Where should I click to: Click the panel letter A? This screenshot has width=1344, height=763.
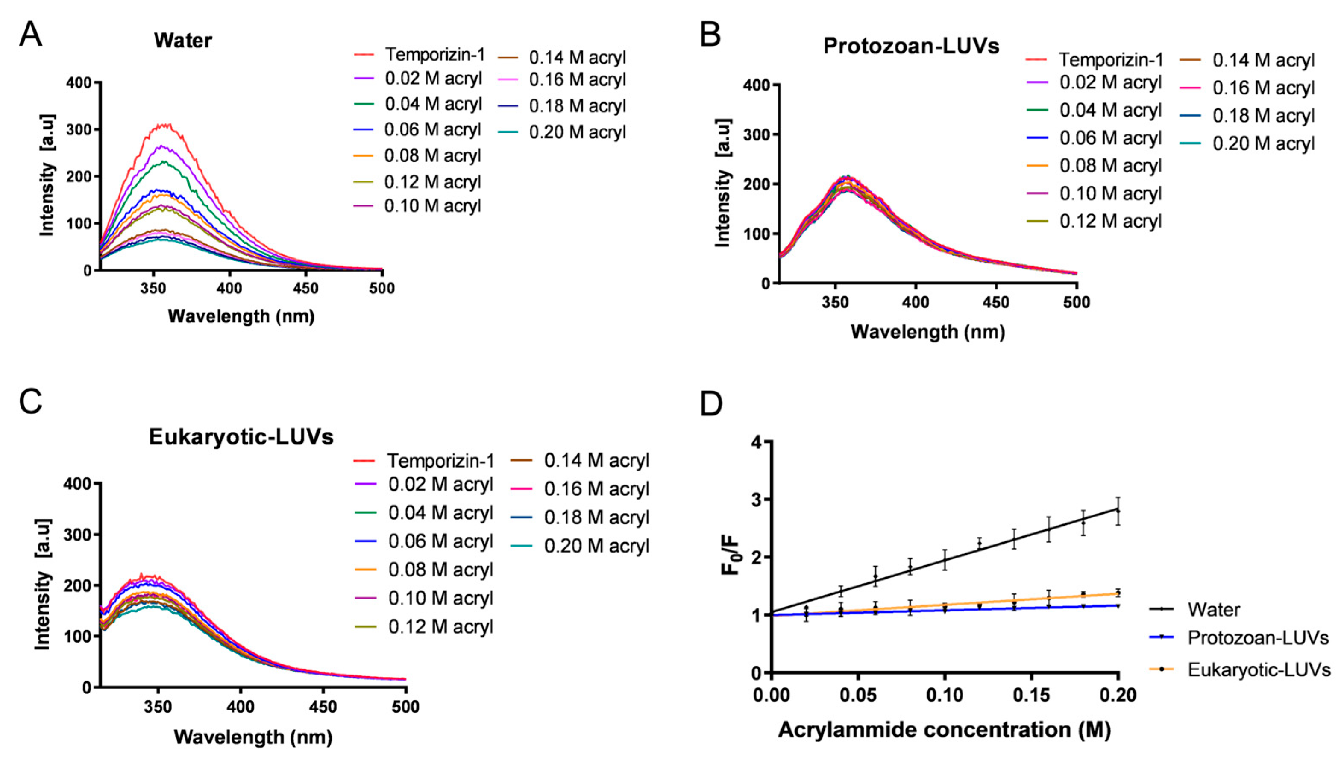(30, 35)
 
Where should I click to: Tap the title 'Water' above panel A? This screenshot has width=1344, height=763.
(182, 41)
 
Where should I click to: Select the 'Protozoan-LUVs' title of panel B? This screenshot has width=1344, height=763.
(911, 46)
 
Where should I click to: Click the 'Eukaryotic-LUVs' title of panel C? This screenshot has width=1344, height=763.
(241, 436)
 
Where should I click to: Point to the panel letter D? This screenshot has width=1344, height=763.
(711, 403)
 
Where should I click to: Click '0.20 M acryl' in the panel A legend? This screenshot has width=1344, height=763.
(577, 132)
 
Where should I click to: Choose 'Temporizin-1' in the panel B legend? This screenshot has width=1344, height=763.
(1110, 60)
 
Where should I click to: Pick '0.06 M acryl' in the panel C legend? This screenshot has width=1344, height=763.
(440, 541)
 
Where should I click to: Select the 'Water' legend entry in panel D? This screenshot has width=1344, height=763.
(1213, 609)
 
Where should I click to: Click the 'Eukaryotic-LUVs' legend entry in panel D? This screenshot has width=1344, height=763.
(1259, 670)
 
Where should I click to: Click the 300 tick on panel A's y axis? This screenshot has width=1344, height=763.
(79, 129)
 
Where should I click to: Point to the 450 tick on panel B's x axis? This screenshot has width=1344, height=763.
(996, 302)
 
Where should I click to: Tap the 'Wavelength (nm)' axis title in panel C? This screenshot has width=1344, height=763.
(253, 737)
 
